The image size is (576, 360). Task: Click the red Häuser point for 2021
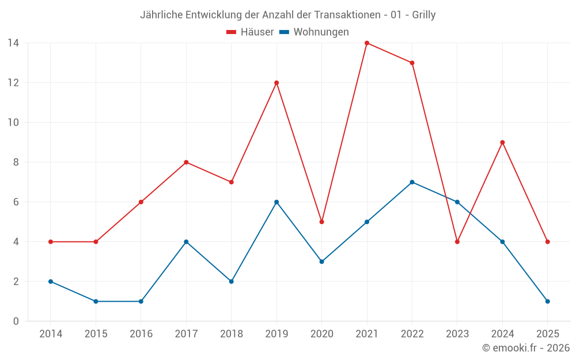367,43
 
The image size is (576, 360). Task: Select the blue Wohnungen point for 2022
412,182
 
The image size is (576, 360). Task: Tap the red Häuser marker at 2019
276,83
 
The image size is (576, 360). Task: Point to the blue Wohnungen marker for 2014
51,282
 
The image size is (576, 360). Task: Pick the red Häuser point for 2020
321,222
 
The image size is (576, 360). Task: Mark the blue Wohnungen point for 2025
547,301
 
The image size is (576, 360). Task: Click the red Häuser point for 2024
502,142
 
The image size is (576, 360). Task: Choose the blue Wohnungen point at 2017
186,242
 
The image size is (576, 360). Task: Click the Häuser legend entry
251,32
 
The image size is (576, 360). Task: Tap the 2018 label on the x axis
231,334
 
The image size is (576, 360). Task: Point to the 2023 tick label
457,334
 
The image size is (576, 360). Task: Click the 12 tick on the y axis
13,83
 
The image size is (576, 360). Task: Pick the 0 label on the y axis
16,321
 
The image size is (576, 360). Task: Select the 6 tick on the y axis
16,202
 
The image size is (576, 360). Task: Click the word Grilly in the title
424,15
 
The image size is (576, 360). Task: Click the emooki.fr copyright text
526,348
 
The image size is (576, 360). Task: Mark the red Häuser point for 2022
412,63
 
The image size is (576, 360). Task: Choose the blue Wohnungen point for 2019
276,202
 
